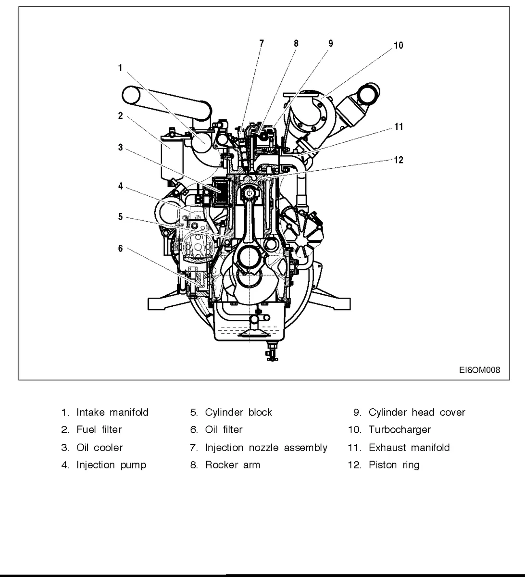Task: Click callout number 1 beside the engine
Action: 120,68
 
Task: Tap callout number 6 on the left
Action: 120,248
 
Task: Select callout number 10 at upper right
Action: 398,46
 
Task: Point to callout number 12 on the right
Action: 398,160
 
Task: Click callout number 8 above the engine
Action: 296,43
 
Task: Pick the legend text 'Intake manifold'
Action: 112,413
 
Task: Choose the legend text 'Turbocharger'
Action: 399,430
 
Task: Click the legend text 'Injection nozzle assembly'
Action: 266,448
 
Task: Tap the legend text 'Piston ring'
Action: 394,465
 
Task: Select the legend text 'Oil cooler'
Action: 100,448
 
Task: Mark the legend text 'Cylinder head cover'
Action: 416,413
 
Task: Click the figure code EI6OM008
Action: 479,370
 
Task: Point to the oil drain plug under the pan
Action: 270,352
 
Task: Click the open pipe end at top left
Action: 132,95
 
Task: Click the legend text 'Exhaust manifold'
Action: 409,448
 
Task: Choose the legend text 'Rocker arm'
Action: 232,465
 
